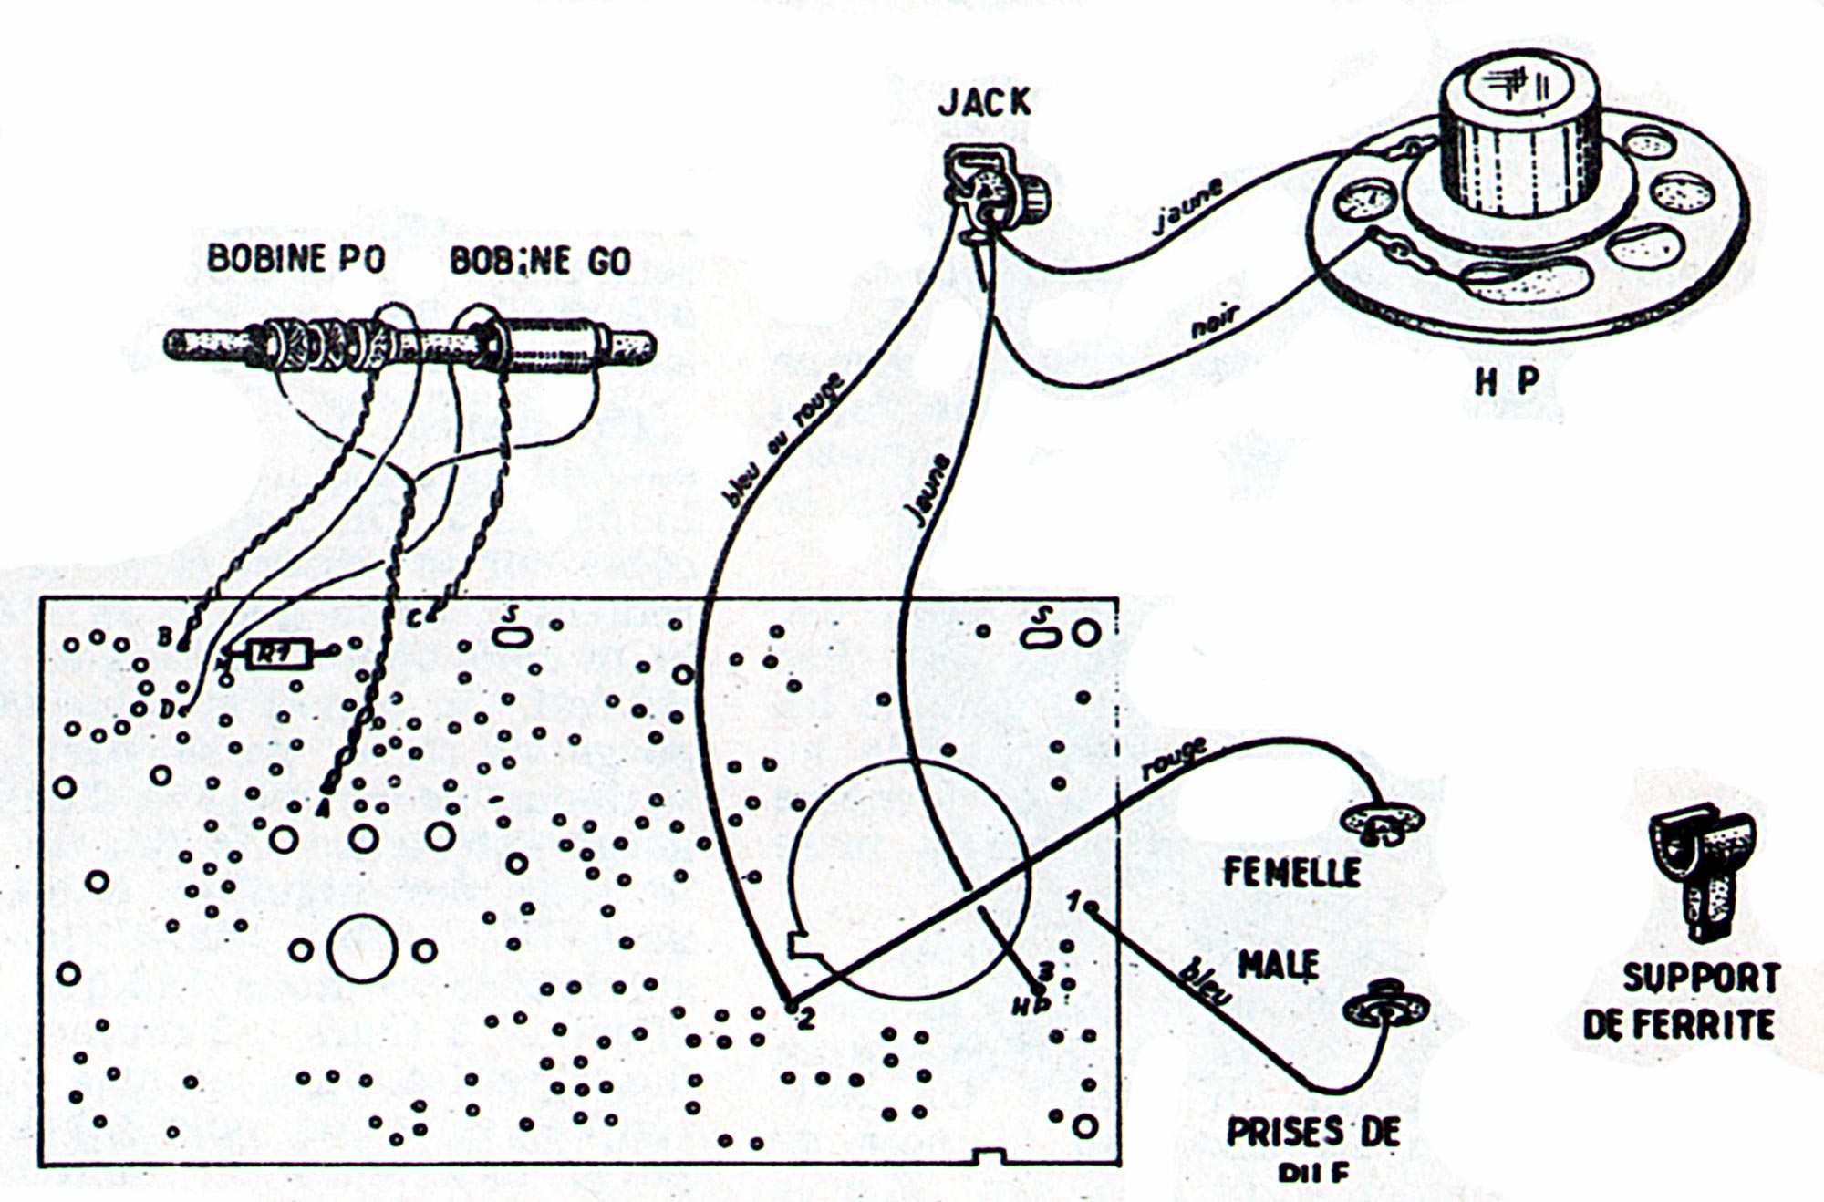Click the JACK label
click(985, 102)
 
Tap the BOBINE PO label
click(296, 259)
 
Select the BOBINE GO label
click(541, 261)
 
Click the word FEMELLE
click(1290, 873)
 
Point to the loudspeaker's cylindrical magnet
click(1518, 137)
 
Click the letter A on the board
click(320, 808)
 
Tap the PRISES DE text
click(1313, 1132)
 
